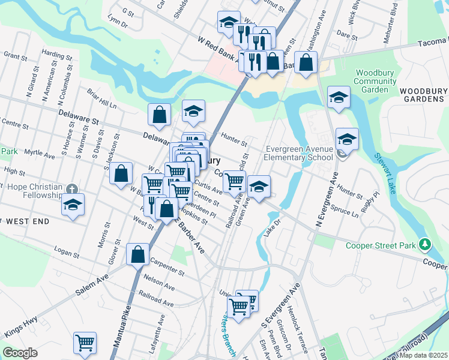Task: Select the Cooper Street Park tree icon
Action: (x=425, y=244)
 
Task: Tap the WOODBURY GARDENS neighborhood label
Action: (x=424, y=94)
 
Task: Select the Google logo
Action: (x=20, y=353)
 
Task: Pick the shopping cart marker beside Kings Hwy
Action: (x=85, y=343)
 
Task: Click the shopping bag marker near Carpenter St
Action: (x=138, y=254)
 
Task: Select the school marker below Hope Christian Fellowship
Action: (x=73, y=205)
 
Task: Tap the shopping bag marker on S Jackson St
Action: (x=121, y=174)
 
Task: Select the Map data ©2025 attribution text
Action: (x=424, y=355)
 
